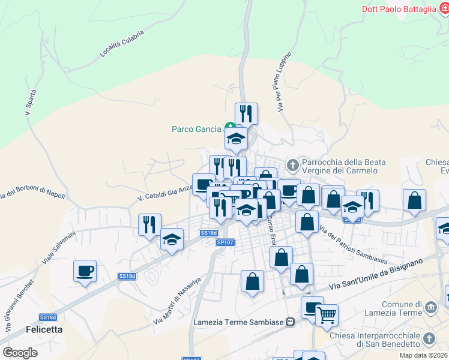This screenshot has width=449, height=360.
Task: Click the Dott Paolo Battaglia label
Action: pos(399,8)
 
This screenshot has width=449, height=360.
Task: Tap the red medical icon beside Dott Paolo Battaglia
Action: pos(445,8)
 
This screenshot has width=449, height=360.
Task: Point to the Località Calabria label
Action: pos(122,45)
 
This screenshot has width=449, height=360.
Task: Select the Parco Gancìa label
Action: pos(197,128)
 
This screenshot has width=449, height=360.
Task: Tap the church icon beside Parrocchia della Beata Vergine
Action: pos(292,164)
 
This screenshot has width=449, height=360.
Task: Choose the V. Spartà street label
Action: pos(31,102)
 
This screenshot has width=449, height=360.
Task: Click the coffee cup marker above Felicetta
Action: pos(85,270)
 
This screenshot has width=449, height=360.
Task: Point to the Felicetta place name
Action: pos(44,329)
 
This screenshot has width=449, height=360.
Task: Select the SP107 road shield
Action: pos(225,242)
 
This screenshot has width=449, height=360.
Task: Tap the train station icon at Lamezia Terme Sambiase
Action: pos(290,322)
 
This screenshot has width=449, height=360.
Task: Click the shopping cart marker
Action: pos(327,314)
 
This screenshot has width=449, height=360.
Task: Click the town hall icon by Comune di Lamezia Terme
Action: pos(430,308)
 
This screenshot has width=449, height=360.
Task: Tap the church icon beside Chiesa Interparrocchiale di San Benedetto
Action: pos(428,339)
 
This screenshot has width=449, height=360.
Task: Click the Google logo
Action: pos(20,352)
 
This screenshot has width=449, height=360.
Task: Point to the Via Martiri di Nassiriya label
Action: pos(179,301)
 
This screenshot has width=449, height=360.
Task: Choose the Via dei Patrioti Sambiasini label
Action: pos(354,240)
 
